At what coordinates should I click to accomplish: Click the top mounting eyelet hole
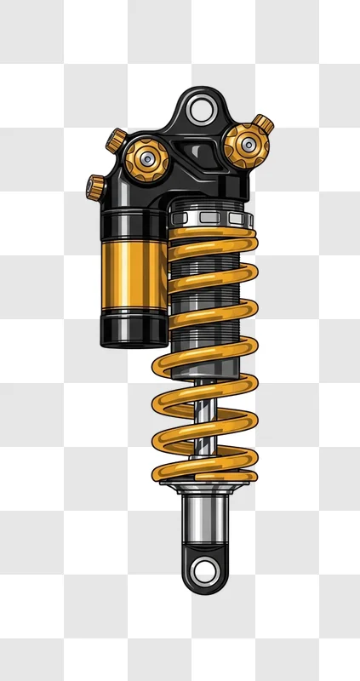point(201,110)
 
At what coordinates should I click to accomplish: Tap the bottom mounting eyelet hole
point(204,569)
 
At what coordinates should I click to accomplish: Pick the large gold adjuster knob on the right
point(246,146)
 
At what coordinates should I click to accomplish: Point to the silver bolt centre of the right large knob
point(246,146)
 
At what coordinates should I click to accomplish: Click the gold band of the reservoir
point(132,272)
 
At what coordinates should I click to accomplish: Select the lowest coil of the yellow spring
point(204,469)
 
